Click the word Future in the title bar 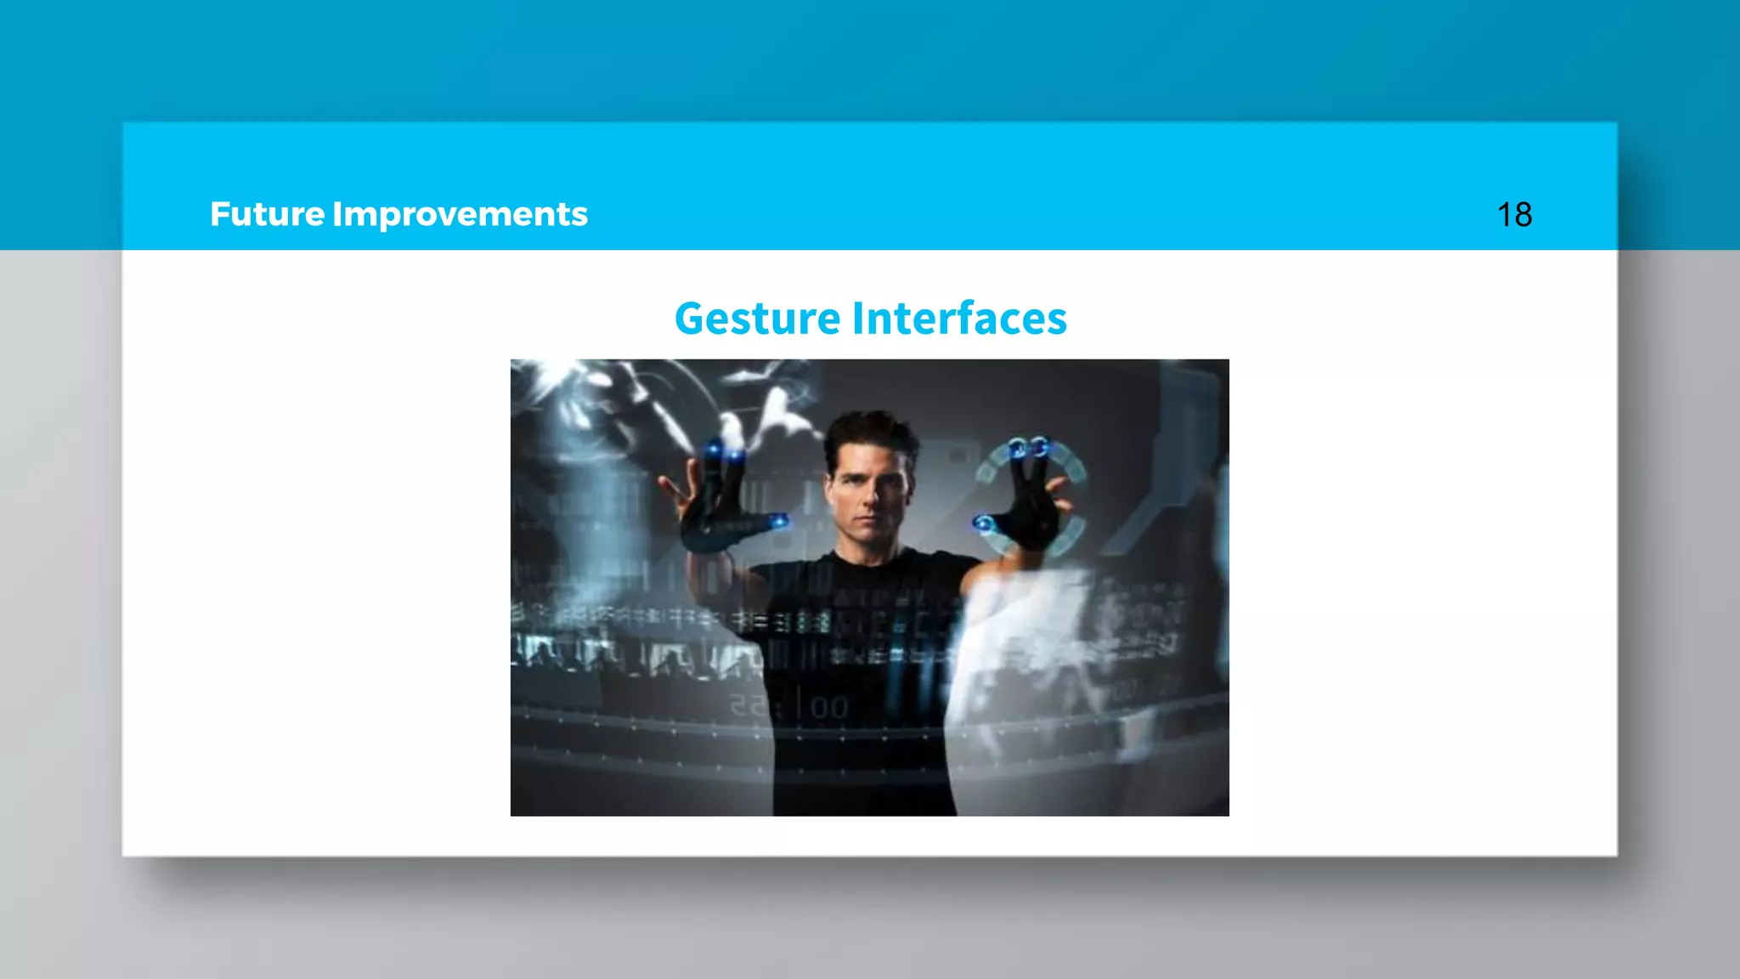click(x=267, y=214)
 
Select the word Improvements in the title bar click(x=460, y=215)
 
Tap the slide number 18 click(x=1514, y=215)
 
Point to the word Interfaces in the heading click(x=959, y=319)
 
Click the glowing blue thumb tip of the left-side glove click(x=778, y=521)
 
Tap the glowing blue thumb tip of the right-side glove click(x=984, y=523)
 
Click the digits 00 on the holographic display click(x=828, y=706)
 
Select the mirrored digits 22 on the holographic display click(x=747, y=705)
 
